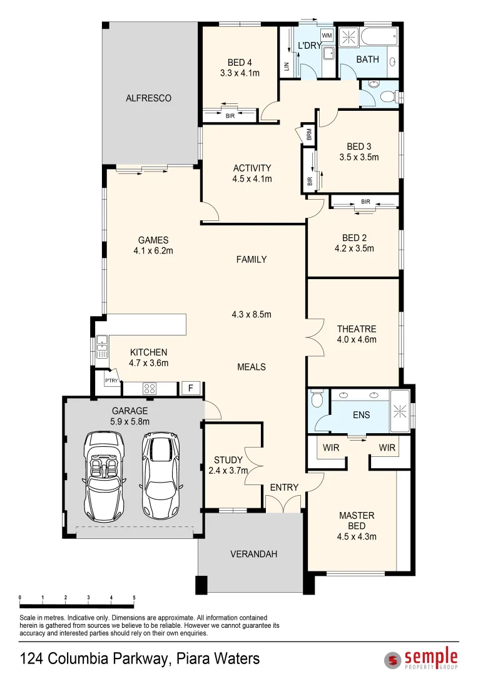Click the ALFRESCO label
click(x=148, y=98)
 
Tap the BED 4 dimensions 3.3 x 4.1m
click(x=240, y=73)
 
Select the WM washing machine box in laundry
click(x=327, y=35)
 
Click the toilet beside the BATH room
click(x=385, y=96)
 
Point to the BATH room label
click(x=367, y=59)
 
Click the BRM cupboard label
click(x=309, y=135)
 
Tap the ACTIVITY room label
click(x=252, y=168)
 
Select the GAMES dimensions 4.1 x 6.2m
click(x=153, y=251)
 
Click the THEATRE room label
click(x=356, y=329)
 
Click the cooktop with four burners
click(x=150, y=389)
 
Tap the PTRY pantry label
click(x=111, y=381)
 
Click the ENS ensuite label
click(x=361, y=415)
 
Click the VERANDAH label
click(x=253, y=554)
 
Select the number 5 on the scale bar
click(x=134, y=598)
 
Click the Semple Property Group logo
click(x=421, y=658)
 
